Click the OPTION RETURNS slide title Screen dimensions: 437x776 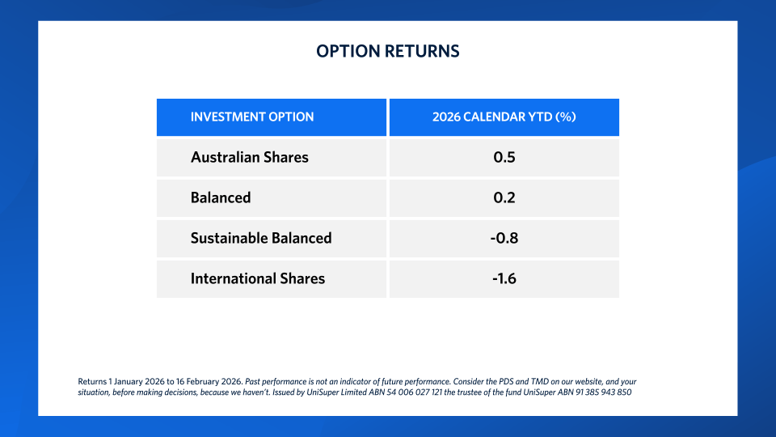click(388, 51)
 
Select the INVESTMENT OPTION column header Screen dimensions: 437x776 click(252, 117)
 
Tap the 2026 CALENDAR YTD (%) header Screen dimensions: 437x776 click(504, 117)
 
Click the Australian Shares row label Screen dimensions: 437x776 click(249, 157)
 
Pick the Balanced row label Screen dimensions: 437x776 click(221, 197)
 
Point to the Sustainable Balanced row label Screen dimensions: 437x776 click(261, 238)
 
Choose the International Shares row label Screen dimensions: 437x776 click(257, 278)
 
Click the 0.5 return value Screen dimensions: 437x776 click(504, 157)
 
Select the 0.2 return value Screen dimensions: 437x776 click(504, 197)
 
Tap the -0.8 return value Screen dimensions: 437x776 click(504, 238)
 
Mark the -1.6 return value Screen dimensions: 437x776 click(504, 278)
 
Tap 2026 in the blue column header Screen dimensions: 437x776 click(446, 117)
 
